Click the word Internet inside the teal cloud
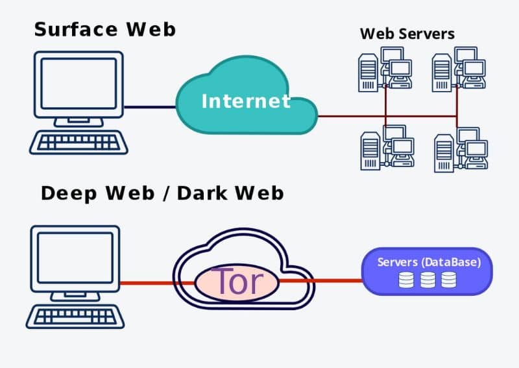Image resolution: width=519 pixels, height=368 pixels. tap(246, 101)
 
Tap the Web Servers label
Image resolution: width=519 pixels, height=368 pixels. tap(407, 33)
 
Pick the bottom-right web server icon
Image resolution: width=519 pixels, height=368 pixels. tap(459, 150)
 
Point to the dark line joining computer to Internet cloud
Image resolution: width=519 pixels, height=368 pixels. tap(149, 107)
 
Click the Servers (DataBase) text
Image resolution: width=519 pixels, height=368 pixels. tap(429, 263)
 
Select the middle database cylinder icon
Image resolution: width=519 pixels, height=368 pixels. tap(427, 280)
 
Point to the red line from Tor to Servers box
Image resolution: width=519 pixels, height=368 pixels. tap(331, 281)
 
